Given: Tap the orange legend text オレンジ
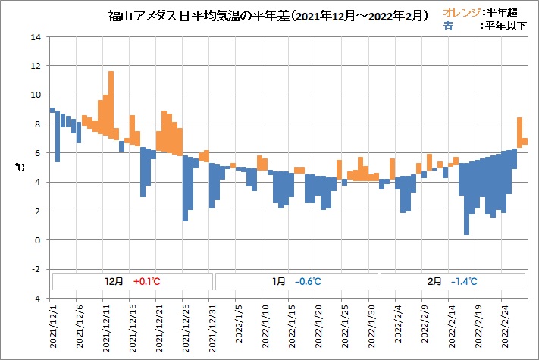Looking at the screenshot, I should (459, 12).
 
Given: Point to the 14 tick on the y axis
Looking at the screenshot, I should (36, 37).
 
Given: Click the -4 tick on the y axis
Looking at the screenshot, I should (35, 299).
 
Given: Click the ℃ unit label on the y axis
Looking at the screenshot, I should (21, 168).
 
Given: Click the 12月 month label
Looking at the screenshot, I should (114, 281).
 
